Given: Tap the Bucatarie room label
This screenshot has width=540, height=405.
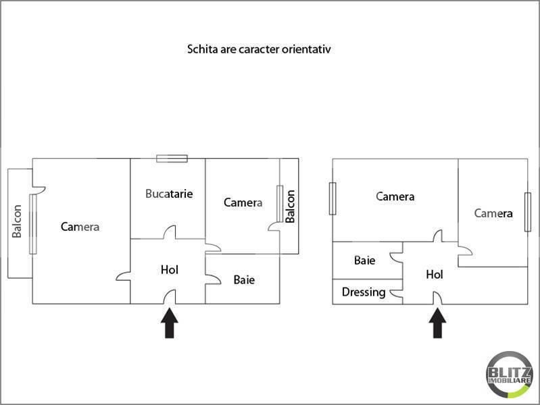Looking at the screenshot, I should pyautogui.click(x=169, y=194).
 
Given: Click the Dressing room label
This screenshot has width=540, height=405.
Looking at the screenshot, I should pyautogui.click(x=364, y=292).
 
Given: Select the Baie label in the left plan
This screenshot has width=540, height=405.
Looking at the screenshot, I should pyautogui.click(x=244, y=279).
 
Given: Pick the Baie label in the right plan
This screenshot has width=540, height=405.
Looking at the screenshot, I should pyautogui.click(x=365, y=260).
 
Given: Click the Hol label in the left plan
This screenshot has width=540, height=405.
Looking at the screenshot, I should pyautogui.click(x=169, y=270).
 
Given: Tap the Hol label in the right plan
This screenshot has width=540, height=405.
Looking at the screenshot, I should pyautogui.click(x=434, y=275).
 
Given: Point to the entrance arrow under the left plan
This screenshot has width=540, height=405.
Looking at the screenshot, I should pyautogui.click(x=169, y=323).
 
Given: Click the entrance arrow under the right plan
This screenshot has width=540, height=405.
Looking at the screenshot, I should pyautogui.click(x=438, y=323).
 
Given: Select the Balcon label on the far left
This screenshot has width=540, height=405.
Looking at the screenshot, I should pyautogui.click(x=17, y=221).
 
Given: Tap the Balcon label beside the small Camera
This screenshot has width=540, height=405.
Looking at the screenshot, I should pyautogui.click(x=290, y=207).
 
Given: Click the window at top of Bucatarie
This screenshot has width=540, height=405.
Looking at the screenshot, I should pyautogui.click(x=172, y=159).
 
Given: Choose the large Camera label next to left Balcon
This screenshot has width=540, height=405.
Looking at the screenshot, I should pyautogui.click(x=80, y=227).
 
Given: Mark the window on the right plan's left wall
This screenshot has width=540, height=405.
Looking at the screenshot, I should pyautogui.click(x=332, y=198).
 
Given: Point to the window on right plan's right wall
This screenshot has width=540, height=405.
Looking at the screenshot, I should pyautogui.click(x=528, y=212).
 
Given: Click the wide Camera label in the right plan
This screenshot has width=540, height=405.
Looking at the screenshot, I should pyautogui.click(x=395, y=197).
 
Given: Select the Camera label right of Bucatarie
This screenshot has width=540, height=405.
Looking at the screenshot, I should pyautogui.click(x=243, y=202).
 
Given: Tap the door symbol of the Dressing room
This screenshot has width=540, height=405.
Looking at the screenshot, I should pyautogui.click(x=399, y=292).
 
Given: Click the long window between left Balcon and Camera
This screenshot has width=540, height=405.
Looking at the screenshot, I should pyautogui.click(x=32, y=223).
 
